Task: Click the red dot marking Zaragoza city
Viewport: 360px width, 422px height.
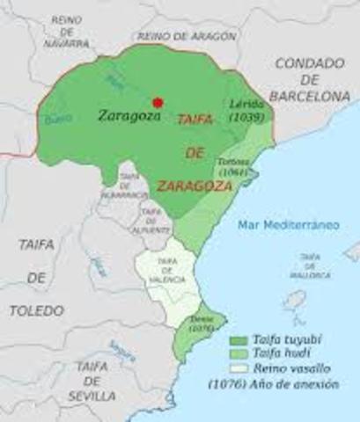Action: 158,102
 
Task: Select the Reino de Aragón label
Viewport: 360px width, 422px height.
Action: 187,36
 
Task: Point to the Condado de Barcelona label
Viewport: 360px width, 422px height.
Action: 311,78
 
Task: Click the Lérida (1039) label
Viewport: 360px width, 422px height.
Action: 240,109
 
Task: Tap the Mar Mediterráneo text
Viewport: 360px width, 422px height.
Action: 288,225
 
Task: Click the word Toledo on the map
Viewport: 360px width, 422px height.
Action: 37,310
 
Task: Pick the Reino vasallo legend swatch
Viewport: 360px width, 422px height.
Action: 237,369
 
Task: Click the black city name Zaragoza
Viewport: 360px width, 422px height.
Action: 130,114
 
